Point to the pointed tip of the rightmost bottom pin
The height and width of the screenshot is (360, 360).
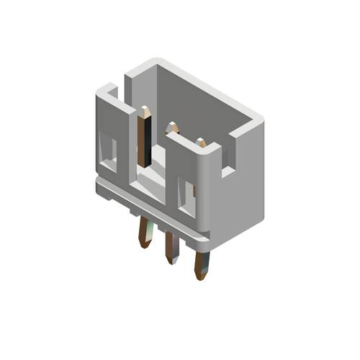(199, 276)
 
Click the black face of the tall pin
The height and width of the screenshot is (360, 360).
(145, 140)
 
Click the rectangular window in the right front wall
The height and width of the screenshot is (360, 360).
(189, 197)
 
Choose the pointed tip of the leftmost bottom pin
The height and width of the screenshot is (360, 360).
(144, 244)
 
